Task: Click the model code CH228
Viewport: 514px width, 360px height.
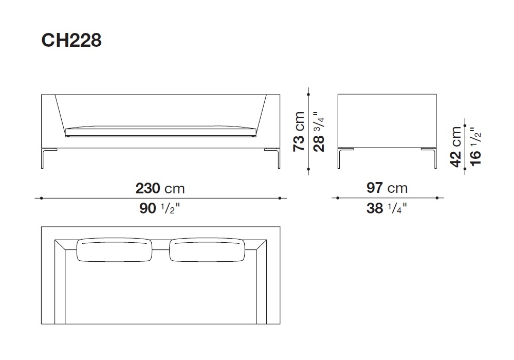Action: click(x=71, y=40)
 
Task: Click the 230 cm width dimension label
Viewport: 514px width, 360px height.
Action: click(x=160, y=189)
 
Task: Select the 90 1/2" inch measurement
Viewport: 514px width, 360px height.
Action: click(x=160, y=208)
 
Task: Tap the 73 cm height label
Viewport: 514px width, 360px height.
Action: click(x=299, y=132)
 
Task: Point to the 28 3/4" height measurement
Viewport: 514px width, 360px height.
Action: click(x=319, y=132)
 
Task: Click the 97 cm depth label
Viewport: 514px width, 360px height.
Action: click(x=387, y=188)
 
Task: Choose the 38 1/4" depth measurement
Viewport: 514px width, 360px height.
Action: click(x=387, y=208)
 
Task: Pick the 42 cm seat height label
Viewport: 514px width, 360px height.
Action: click(x=456, y=147)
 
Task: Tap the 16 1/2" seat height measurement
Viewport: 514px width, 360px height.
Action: click(x=475, y=147)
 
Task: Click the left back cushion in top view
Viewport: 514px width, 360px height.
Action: click(x=114, y=250)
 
